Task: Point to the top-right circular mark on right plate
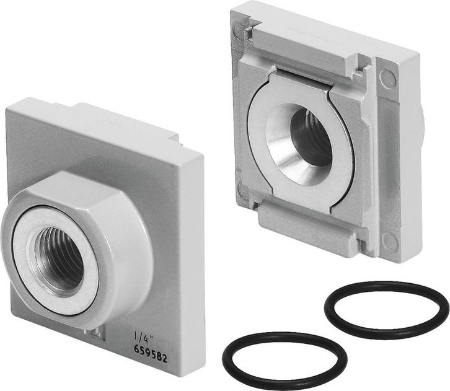click(x=389, y=78)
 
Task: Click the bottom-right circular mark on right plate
click(x=389, y=242)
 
